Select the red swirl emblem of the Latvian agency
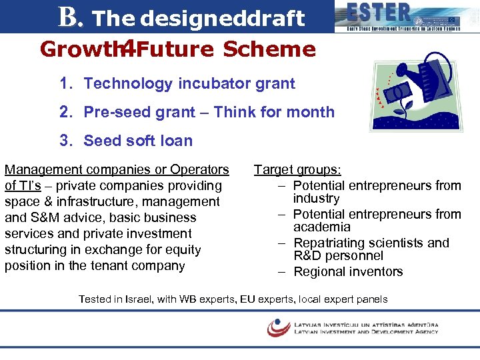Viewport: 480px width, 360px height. pyautogui.click(x=278, y=327)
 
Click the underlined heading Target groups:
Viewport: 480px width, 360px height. pyautogui.click(x=297, y=170)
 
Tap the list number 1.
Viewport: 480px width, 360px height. pyautogui.click(x=65, y=84)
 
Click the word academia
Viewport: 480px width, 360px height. pyautogui.click(x=323, y=227)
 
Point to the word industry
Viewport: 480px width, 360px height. pyautogui.click(x=317, y=199)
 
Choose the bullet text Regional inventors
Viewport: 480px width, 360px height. pyautogui.click(x=348, y=271)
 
